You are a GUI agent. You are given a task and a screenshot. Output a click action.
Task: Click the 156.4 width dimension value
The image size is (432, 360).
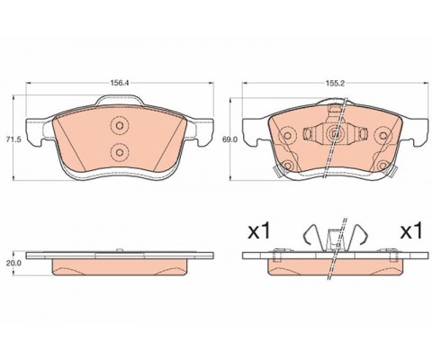pos(120,84)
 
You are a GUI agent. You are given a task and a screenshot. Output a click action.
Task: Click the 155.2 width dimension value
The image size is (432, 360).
pos(335,84)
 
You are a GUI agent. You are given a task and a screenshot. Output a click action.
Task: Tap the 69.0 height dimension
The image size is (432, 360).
pos(229,139)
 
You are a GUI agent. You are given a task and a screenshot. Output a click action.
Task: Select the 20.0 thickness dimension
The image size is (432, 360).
pos(14,263)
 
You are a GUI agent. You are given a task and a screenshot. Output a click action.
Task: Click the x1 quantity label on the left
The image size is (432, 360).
pos(259,231)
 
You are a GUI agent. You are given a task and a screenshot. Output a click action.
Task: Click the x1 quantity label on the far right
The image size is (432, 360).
pos(411,231)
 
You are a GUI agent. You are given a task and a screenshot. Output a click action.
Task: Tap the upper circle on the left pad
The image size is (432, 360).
pos(120,125)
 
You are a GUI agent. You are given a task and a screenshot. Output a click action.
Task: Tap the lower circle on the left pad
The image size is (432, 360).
pos(120,152)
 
